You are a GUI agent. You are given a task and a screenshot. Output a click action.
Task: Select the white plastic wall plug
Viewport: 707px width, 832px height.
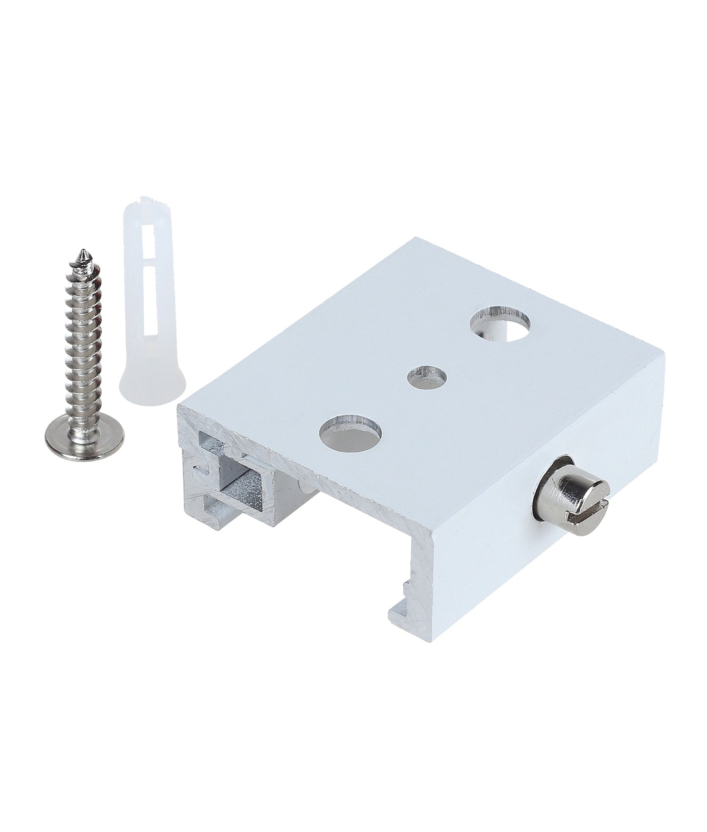(x=146, y=300)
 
